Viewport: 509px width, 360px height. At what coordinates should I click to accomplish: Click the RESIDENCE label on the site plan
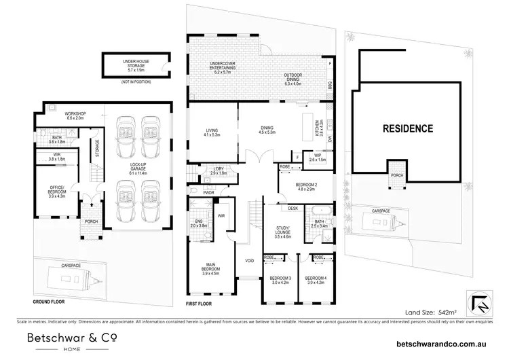[407, 128]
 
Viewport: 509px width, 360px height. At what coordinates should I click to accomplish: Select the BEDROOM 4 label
[316, 281]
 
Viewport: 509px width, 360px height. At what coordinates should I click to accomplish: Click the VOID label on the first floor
[249, 261]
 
